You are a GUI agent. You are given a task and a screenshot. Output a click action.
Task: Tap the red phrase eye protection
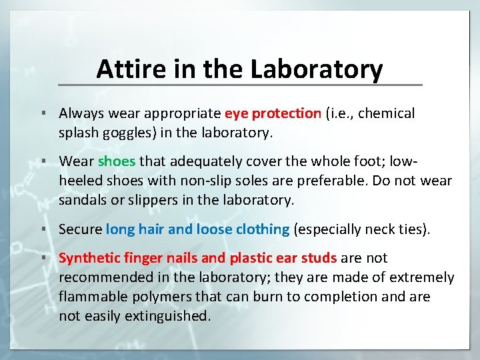point(273,113)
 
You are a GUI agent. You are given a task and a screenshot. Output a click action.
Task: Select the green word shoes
point(117,161)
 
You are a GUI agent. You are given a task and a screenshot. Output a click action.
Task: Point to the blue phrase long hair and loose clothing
point(197,229)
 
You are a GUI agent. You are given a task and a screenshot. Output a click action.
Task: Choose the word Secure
point(81,229)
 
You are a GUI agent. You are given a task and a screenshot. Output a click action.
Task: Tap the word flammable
point(92,297)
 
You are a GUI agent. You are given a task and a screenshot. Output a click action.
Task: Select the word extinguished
point(169,316)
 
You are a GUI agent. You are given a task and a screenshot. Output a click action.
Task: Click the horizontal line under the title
point(240,85)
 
